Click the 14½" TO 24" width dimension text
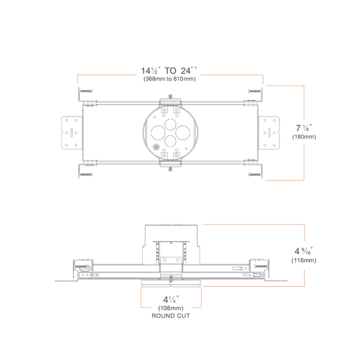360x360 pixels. (170, 70)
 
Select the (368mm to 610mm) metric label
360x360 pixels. (170, 79)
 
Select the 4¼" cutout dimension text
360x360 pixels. (171, 299)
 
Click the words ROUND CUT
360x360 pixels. (171, 316)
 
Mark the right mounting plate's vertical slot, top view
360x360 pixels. (269, 133)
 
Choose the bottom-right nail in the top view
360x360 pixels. (255, 174)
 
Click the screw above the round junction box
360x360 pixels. (170, 96)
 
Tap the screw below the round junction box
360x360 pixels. (170, 169)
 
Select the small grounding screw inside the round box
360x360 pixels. (156, 147)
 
